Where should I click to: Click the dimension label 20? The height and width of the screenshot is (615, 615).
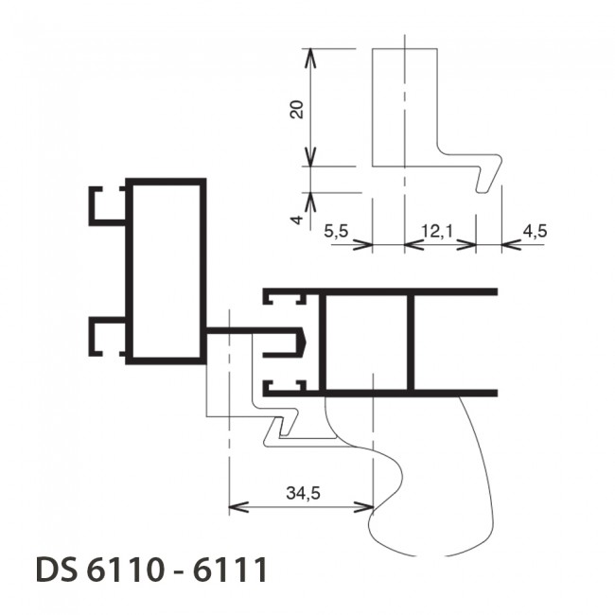point(297,110)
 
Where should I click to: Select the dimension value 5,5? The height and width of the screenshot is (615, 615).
point(336,231)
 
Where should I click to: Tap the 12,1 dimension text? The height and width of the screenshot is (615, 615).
point(437,231)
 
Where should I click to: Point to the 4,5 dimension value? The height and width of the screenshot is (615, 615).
point(535,231)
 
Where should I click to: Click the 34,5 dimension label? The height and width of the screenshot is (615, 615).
point(303,493)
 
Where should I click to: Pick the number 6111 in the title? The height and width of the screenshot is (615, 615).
point(230,569)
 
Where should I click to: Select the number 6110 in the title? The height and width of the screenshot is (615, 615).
point(124,569)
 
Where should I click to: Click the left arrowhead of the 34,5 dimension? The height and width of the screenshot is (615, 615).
point(237,507)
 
